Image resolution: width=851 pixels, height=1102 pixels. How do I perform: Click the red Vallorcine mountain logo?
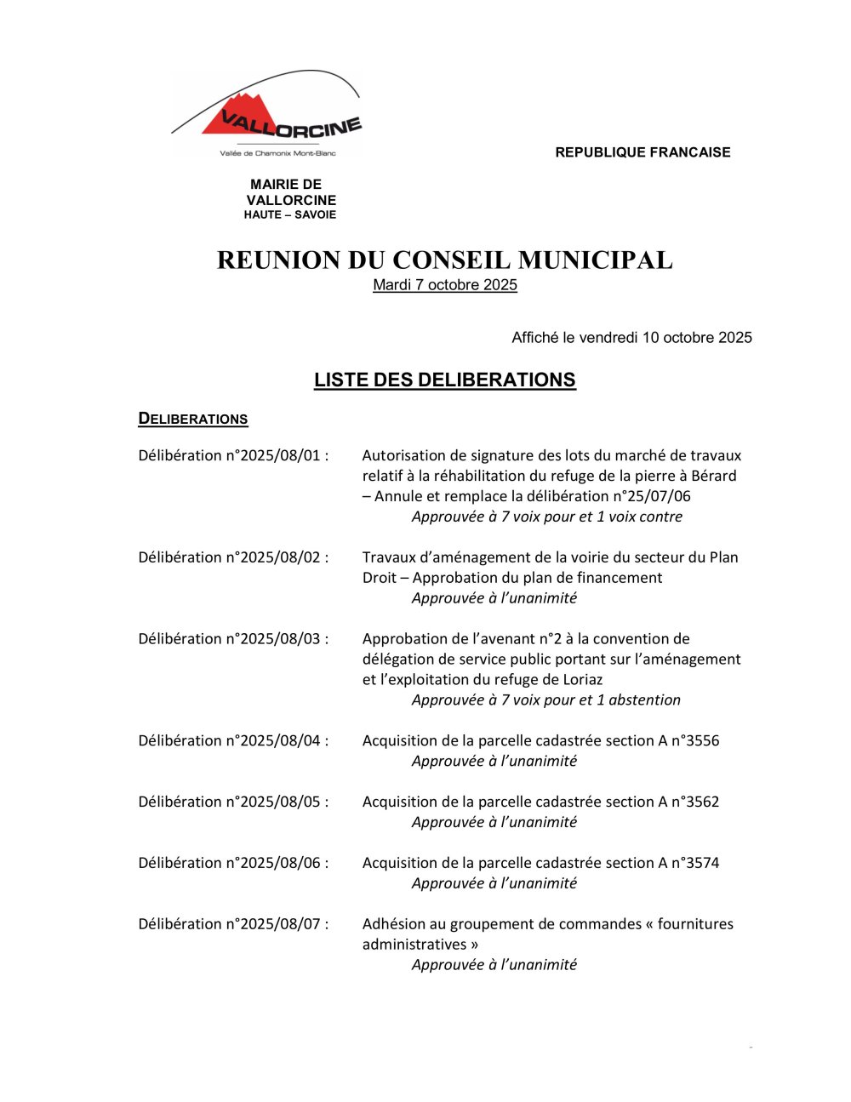point(266,115)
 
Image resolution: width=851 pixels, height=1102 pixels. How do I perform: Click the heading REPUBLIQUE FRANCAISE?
point(643,152)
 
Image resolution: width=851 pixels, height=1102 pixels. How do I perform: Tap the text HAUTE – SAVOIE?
point(290,215)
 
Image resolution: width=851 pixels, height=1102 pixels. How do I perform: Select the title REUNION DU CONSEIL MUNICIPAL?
point(444,260)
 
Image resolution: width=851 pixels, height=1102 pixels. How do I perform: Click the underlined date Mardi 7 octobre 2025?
point(444,285)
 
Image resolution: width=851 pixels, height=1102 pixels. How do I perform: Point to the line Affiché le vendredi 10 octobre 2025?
point(631,338)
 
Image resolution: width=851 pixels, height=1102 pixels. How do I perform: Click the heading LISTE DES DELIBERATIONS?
point(444,380)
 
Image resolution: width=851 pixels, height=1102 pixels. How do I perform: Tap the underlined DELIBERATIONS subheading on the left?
point(193,419)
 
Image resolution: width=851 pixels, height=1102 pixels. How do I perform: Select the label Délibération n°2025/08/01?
point(232,455)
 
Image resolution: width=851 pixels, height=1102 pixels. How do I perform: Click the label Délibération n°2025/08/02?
point(232,557)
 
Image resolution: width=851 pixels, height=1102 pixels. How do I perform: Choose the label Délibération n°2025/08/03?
point(232,639)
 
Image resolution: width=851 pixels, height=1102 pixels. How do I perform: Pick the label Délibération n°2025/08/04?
point(232,740)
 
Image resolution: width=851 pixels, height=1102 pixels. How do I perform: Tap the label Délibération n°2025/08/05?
point(232,802)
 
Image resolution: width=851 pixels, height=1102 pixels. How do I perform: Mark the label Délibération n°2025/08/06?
point(232,863)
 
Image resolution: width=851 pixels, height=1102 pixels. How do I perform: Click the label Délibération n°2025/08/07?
point(232,924)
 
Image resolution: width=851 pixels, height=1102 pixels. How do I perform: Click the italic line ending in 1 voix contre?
point(546,517)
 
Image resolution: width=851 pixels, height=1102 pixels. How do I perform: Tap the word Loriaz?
point(582,680)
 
